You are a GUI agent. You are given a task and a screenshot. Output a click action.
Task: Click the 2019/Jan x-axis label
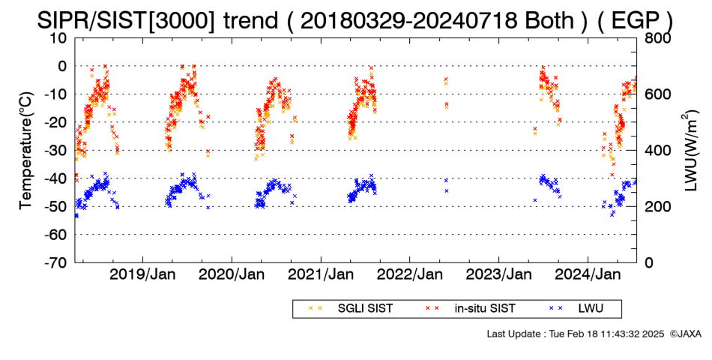143,275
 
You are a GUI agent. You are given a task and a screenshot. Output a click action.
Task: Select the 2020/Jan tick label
232,275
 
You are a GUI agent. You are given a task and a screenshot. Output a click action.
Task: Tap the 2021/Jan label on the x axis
321,275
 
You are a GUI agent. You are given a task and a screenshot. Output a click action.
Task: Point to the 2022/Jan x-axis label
410,275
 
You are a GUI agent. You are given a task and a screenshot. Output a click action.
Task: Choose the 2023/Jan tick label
499,275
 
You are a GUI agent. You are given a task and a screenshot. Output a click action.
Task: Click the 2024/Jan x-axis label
588,275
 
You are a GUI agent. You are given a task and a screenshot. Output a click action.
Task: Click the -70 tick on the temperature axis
55,262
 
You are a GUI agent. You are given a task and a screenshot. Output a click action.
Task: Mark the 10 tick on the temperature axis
59,38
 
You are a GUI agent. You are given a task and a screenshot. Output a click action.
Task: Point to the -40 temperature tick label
55,178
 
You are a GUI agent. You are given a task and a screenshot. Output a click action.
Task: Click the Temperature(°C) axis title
26,151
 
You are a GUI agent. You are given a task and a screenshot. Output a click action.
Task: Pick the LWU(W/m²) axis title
690,151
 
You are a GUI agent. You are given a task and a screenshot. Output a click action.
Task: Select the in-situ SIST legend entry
471,309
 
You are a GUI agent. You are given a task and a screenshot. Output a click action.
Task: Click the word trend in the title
250,20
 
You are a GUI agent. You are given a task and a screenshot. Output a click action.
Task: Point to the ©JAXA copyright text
685,334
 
